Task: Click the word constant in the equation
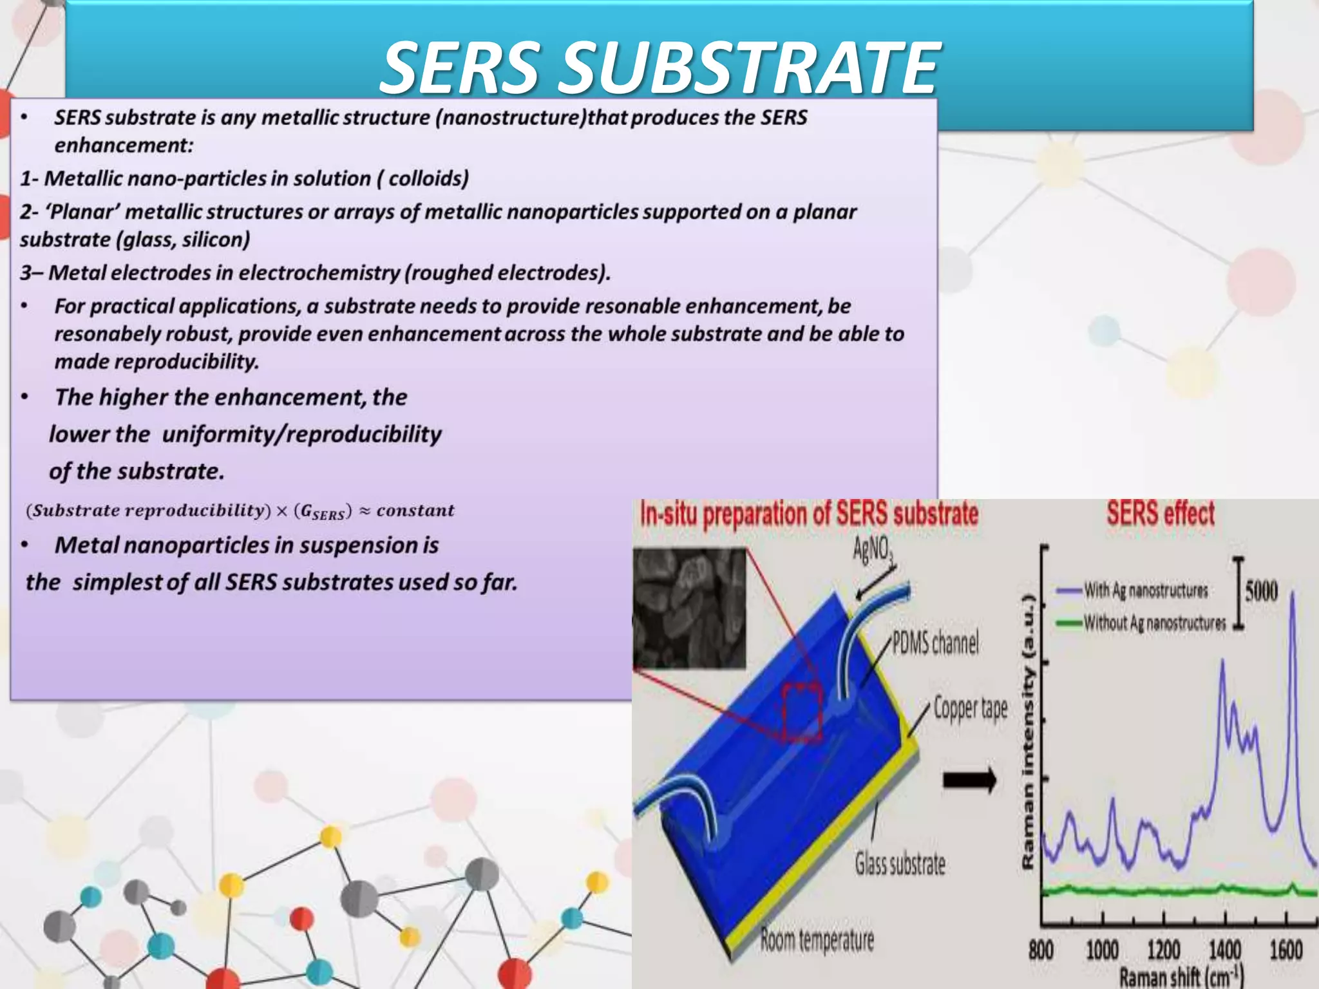[415, 511]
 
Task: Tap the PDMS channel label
[935, 643]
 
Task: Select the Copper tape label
[970, 708]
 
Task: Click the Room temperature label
[817, 940]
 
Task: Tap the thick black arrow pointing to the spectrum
[969, 780]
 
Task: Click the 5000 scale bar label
[1261, 590]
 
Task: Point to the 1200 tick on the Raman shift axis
[1164, 950]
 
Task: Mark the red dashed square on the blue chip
[802, 713]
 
